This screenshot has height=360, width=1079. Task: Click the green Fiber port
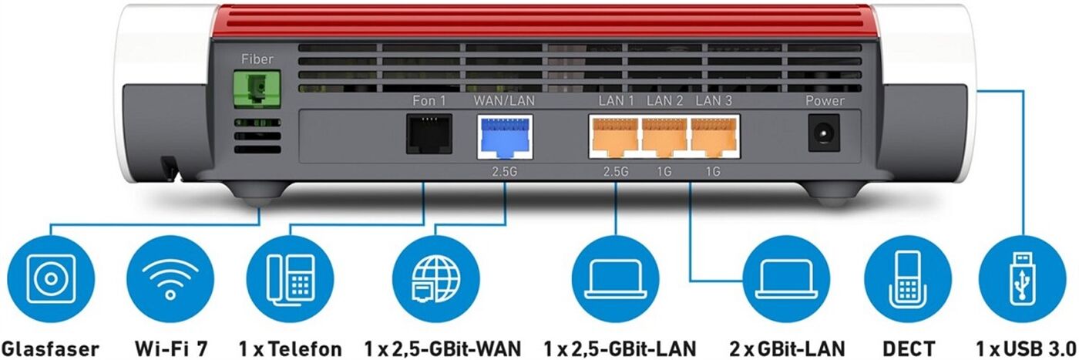[257, 91]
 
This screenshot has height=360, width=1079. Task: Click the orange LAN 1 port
[614, 136]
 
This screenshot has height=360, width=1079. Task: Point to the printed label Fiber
[257, 59]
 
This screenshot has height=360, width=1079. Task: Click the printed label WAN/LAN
[503, 101]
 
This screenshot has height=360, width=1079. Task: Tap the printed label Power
[825, 101]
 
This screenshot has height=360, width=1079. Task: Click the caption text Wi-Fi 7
[170, 348]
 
